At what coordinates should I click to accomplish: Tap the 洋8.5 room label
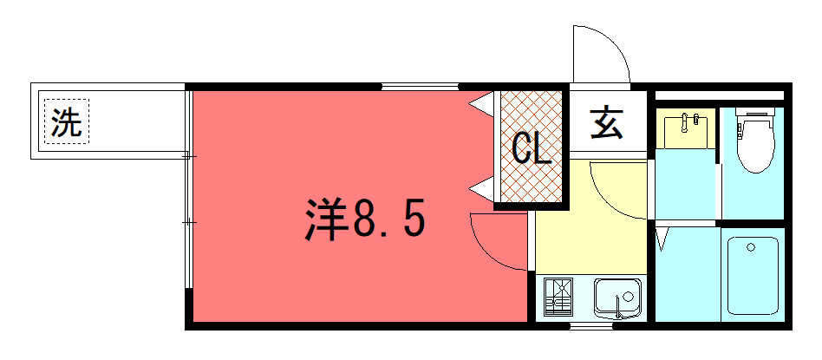365,219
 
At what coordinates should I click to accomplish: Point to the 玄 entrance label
607,123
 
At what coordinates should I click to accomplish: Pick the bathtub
753,276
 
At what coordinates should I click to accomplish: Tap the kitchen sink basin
617,298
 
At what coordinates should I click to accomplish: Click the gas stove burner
558,297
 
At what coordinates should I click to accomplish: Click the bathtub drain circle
751,247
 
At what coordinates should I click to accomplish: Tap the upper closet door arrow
481,104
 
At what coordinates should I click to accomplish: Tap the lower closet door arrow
481,189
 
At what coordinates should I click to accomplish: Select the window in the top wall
420,87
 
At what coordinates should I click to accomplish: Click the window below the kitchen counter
591,326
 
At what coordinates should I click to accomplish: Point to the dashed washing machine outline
67,121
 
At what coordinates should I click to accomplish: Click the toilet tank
755,112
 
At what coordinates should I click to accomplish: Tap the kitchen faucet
619,307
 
